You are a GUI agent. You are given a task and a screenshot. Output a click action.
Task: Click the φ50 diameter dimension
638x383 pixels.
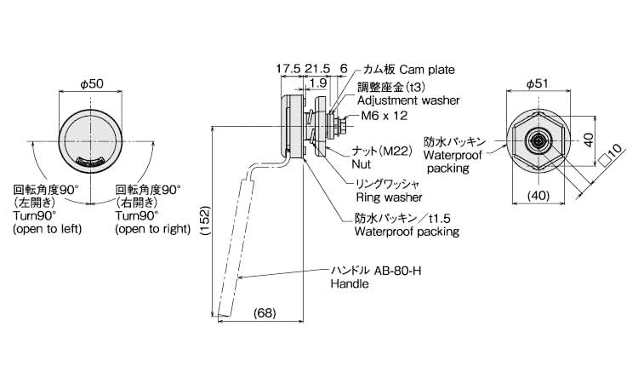(x=92, y=84)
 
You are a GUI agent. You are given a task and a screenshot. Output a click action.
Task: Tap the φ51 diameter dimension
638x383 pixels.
(x=537, y=84)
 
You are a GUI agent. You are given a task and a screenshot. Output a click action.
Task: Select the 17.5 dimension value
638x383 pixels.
(x=288, y=68)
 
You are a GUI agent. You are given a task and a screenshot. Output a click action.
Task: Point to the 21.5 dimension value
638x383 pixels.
(x=317, y=68)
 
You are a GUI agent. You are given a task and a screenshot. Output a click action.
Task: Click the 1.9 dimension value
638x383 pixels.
(x=318, y=83)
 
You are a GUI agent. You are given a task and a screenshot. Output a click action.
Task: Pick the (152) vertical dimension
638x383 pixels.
(x=206, y=221)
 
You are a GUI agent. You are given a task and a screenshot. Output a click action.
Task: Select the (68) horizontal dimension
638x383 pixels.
(x=265, y=313)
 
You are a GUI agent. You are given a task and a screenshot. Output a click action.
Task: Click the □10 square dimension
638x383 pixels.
(x=612, y=154)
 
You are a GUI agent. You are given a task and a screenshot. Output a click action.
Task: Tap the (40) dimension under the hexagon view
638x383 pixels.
(x=538, y=196)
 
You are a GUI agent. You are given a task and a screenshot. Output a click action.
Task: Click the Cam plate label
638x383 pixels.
(x=427, y=70)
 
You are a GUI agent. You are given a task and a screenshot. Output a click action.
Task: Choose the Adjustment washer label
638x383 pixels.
(x=408, y=100)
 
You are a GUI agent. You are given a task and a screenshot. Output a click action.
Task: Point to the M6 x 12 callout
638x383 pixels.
(x=385, y=116)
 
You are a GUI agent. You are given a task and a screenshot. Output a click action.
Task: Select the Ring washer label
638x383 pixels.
(x=389, y=197)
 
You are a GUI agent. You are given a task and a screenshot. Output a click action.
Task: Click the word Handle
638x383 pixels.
(x=350, y=283)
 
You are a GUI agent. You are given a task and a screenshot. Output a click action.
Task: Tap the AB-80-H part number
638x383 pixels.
(x=396, y=271)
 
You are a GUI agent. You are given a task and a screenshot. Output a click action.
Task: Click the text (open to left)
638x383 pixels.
(x=48, y=229)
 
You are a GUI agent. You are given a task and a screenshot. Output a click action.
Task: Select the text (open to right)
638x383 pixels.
(x=152, y=229)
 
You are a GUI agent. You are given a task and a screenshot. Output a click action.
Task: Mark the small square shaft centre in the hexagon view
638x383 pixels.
(x=538, y=140)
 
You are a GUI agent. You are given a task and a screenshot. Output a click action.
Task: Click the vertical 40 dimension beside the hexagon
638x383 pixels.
(x=590, y=140)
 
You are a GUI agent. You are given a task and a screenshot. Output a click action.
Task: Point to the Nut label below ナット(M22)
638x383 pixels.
(x=362, y=164)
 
